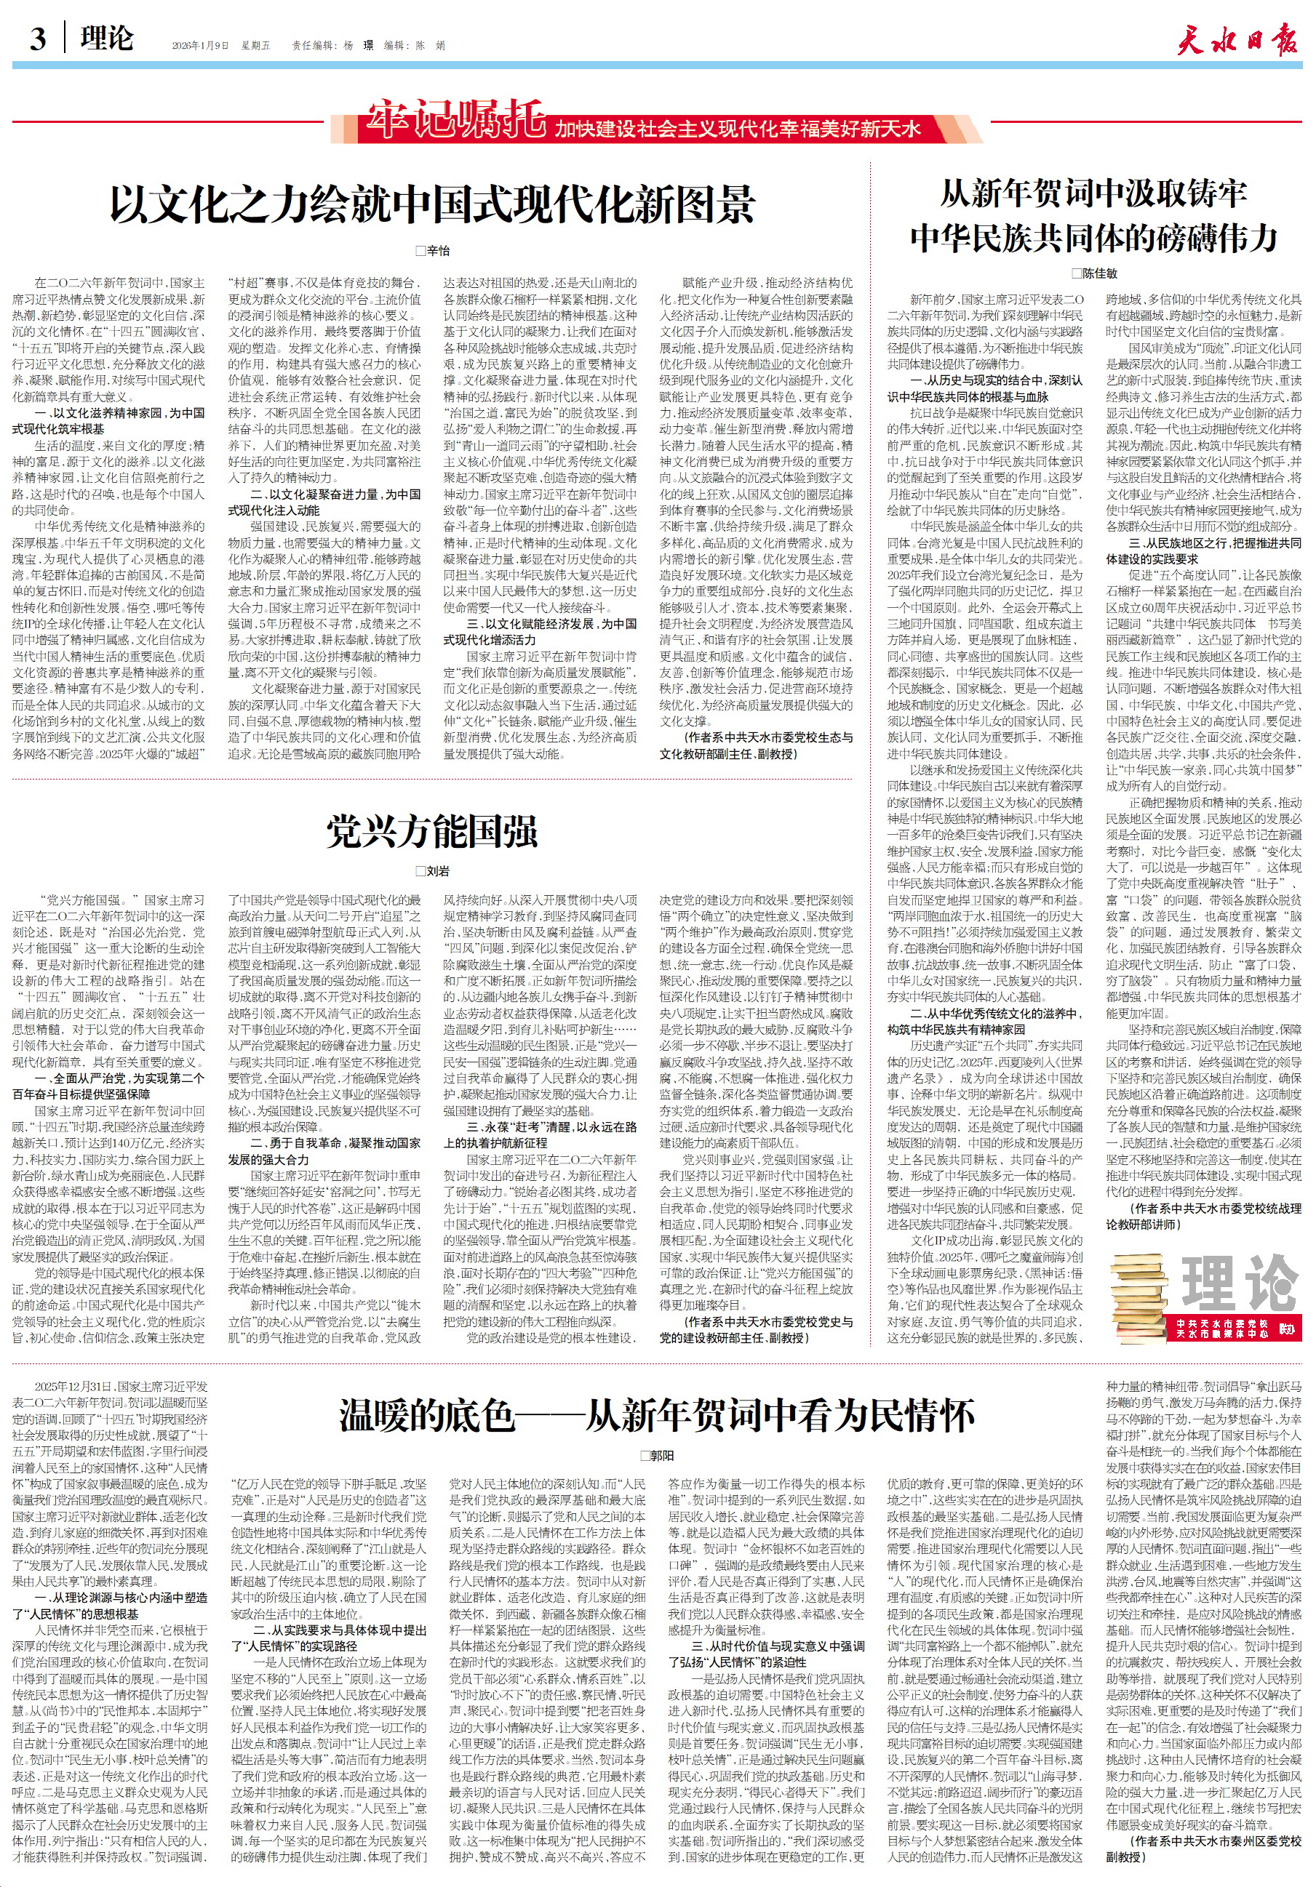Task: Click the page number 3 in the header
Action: [x=38, y=39]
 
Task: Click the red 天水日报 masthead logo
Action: [x=1237, y=39]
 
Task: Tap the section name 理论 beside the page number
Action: [x=107, y=39]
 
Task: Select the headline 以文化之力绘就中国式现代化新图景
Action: [x=432, y=206]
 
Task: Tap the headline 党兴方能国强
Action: [x=432, y=831]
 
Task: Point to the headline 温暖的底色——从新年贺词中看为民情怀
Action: [x=657, y=1415]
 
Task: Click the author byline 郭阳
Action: [x=657, y=1456]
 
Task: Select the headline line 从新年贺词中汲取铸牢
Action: [x=1094, y=195]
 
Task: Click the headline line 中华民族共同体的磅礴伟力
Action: [x=1094, y=239]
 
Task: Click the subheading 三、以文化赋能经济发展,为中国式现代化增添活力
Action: [x=540, y=631]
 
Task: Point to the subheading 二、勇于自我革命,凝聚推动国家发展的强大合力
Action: [x=324, y=1150]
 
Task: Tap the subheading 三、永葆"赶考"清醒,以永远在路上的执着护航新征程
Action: [x=540, y=1134]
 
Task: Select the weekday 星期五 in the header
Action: [x=255, y=46]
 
